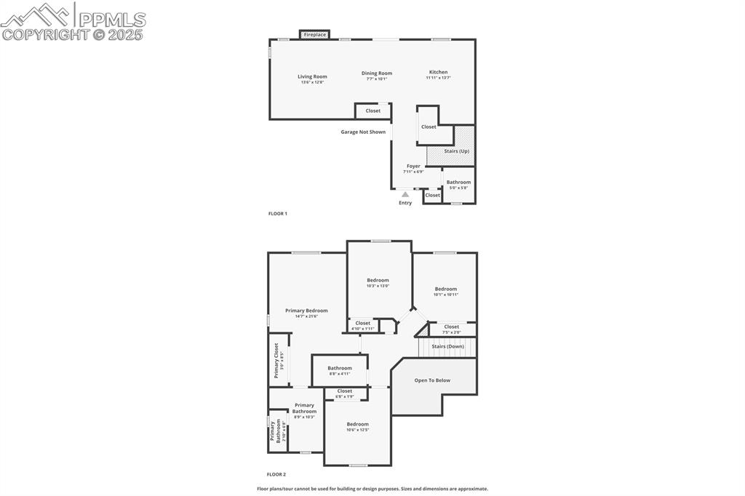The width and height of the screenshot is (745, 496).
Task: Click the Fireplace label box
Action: [x=314, y=35]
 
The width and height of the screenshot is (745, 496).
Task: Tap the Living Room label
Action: [x=312, y=76]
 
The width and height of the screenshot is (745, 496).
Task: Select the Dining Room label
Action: [x=377, y=73]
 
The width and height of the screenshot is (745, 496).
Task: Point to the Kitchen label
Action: [x=438, y=72]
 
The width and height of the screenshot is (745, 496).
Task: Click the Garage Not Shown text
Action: [x=363, y=132]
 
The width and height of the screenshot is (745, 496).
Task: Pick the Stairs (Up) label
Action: [x=457, y=151]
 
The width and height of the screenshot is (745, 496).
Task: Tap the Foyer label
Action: [x=413, y=166]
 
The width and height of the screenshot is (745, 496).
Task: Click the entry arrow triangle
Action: [x=405, y=194]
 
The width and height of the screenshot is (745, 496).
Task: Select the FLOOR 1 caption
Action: [x=278, y=213]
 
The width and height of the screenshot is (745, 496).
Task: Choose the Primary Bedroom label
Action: [x=306, y=311]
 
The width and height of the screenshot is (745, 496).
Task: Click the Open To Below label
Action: [x=432, y=380]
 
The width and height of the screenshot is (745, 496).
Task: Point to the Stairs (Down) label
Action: [x=447, y=346]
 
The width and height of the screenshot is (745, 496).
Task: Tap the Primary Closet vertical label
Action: [x=276, y=361]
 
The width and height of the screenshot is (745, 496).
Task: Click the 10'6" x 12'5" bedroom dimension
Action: [x=357, y=430]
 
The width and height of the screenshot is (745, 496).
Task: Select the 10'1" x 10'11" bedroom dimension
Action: [x=446, y=295]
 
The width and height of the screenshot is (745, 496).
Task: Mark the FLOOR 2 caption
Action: [x=276, y=474]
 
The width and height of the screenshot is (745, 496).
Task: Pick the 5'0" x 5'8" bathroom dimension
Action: [x=458, y=188]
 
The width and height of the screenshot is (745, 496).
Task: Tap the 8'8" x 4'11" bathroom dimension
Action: [x=340, y=374]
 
